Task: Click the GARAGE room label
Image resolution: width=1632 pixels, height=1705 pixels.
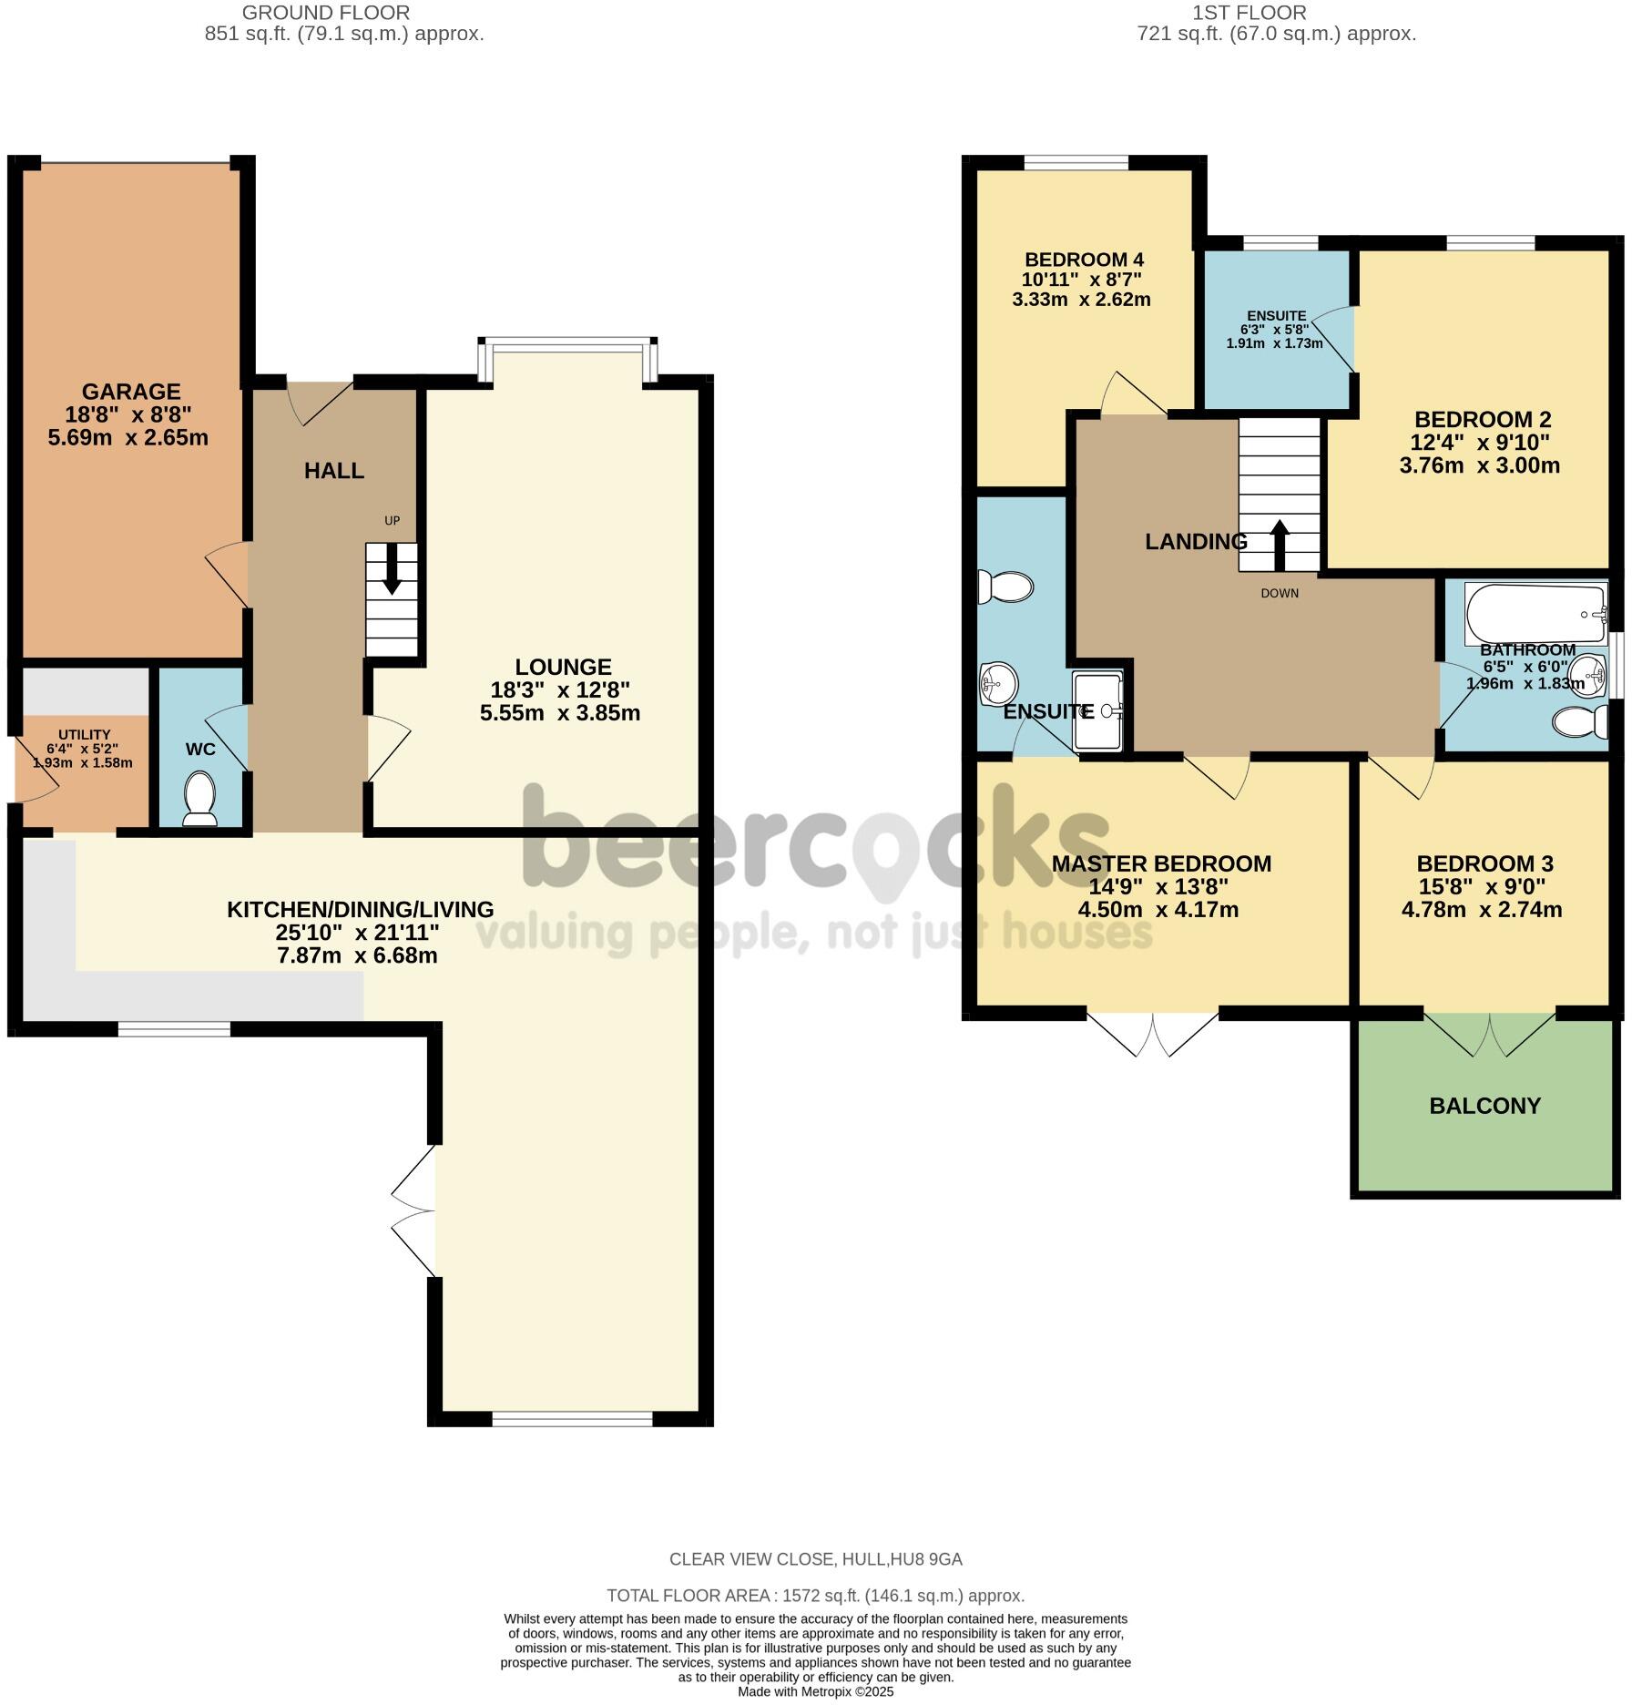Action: (x=131, y=392)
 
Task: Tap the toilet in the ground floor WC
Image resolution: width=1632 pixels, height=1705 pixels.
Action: (x=199, y=796)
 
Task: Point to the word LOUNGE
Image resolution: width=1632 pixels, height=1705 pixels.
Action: (x=563, y=667)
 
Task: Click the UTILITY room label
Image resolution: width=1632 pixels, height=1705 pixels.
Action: (x=84, y=734)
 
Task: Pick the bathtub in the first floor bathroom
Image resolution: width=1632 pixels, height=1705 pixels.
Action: (x=1535, y=613)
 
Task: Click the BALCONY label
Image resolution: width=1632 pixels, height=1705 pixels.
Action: (x=1484, y=1106)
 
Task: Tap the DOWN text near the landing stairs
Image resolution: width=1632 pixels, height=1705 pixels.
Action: (x=1280, y=594)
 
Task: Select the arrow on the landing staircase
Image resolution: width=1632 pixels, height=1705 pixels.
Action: (x=1279, y=545)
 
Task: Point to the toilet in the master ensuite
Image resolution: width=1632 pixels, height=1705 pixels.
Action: (x=1005, y=587)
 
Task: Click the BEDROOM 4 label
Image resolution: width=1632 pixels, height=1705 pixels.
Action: (x=1084, y=259)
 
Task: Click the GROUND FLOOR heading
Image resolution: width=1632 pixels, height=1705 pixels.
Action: (x=325, y=13)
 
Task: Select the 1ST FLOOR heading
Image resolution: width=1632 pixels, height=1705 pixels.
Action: (x=1249, y=13)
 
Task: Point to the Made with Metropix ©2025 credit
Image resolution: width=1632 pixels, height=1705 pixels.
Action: (x=815, y=1692)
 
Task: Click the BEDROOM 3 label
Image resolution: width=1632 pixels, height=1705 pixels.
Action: (x=1484, y=863)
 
